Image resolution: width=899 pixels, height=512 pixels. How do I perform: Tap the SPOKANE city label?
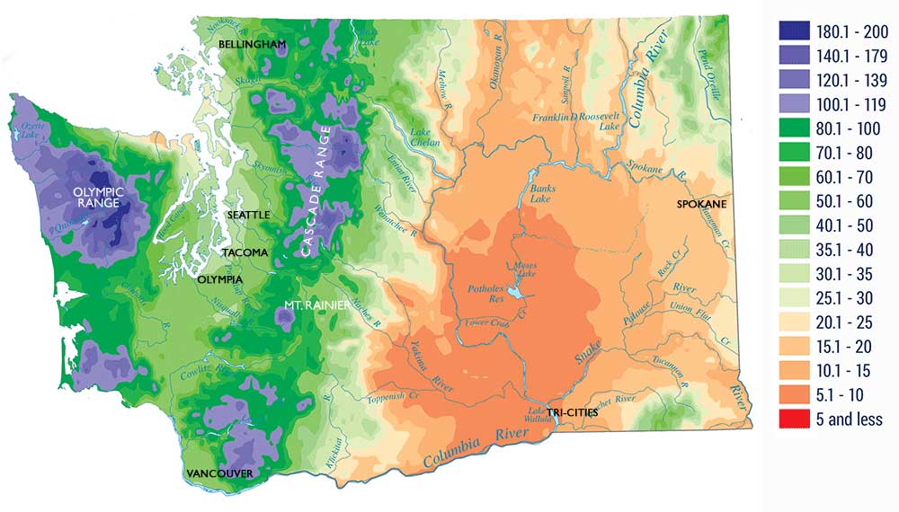click(701, 205)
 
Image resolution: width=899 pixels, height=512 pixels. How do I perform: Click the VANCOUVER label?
click(220, 473)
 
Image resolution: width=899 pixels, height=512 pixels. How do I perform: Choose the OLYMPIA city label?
click(219, 280)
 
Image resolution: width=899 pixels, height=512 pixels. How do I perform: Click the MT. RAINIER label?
click(310, 306)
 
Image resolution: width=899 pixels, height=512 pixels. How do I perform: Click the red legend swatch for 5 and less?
click(794, 419)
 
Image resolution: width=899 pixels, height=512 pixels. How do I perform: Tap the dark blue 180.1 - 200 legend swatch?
click(794, 31)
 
